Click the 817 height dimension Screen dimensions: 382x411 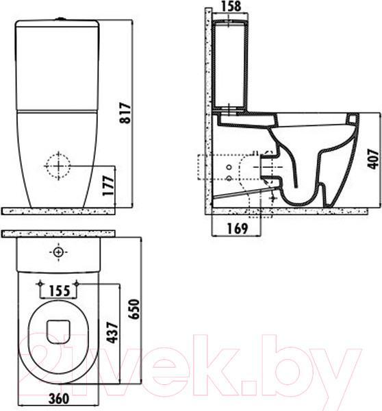125,113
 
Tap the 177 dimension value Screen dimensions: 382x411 108,186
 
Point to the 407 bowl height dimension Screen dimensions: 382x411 373,159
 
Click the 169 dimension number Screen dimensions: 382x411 237,229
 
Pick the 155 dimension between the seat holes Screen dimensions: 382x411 60,290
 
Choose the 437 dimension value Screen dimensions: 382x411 113,333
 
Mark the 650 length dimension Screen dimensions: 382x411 134,309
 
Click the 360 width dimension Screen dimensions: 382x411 59,399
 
